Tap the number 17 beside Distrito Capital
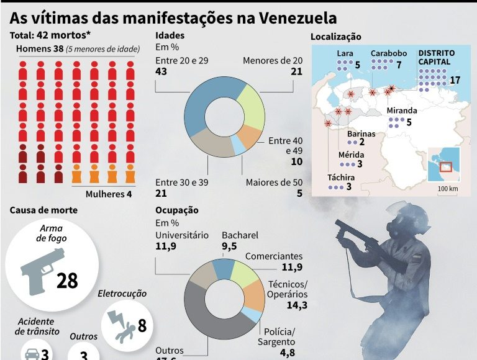click(x=455, y=80)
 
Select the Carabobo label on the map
click(x=388, y=53)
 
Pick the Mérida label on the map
click(x=352, y=155)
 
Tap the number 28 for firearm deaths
click(x=67, y=281)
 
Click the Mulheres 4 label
click(x=109, y=194)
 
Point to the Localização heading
click(x=336, y=37)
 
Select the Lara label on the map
click(x=345, y=53)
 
